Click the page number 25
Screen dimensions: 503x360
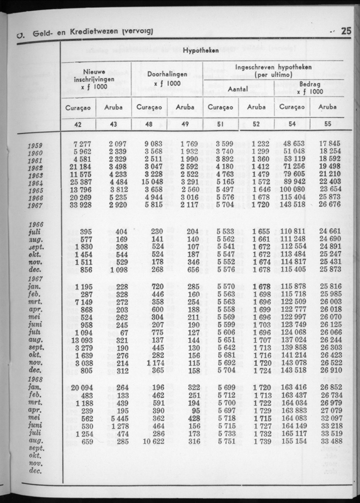pos(346,31)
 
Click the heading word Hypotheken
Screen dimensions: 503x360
pos(201,50)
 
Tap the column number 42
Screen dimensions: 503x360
pos(79,124)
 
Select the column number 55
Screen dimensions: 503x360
pos(328,124)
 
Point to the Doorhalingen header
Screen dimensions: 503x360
pos(167,75)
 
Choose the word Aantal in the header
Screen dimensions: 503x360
pos(238,89)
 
